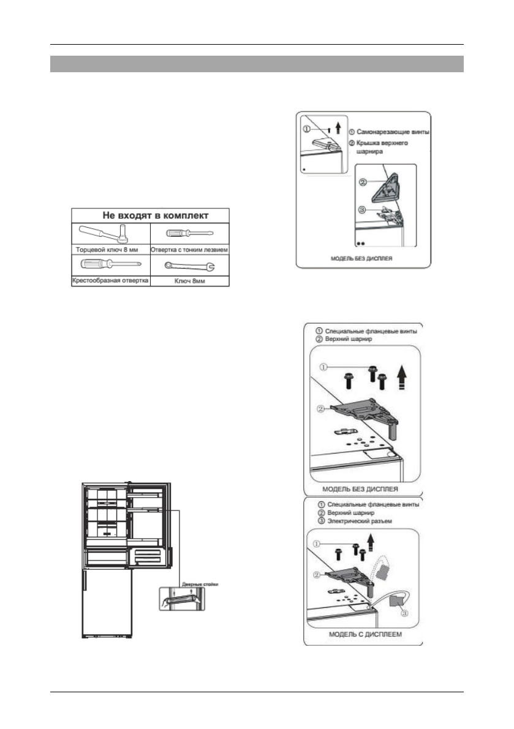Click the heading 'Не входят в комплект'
pyautogui.click(x=150, y=215)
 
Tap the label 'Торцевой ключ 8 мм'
pyautogui.click(x=110, y=250)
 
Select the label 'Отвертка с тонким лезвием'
pyautogui.click(x=190, y=250)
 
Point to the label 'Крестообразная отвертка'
pyautogui.click(x=110, y=281)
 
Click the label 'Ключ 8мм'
pyautogui.click(x=190, y=281)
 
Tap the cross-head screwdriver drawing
pyautogui.click(x=110, y=264)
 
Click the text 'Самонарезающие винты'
pyautogui.click(x=389, y=132)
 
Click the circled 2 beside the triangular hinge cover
pyautogui.click(x=363, y=182)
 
